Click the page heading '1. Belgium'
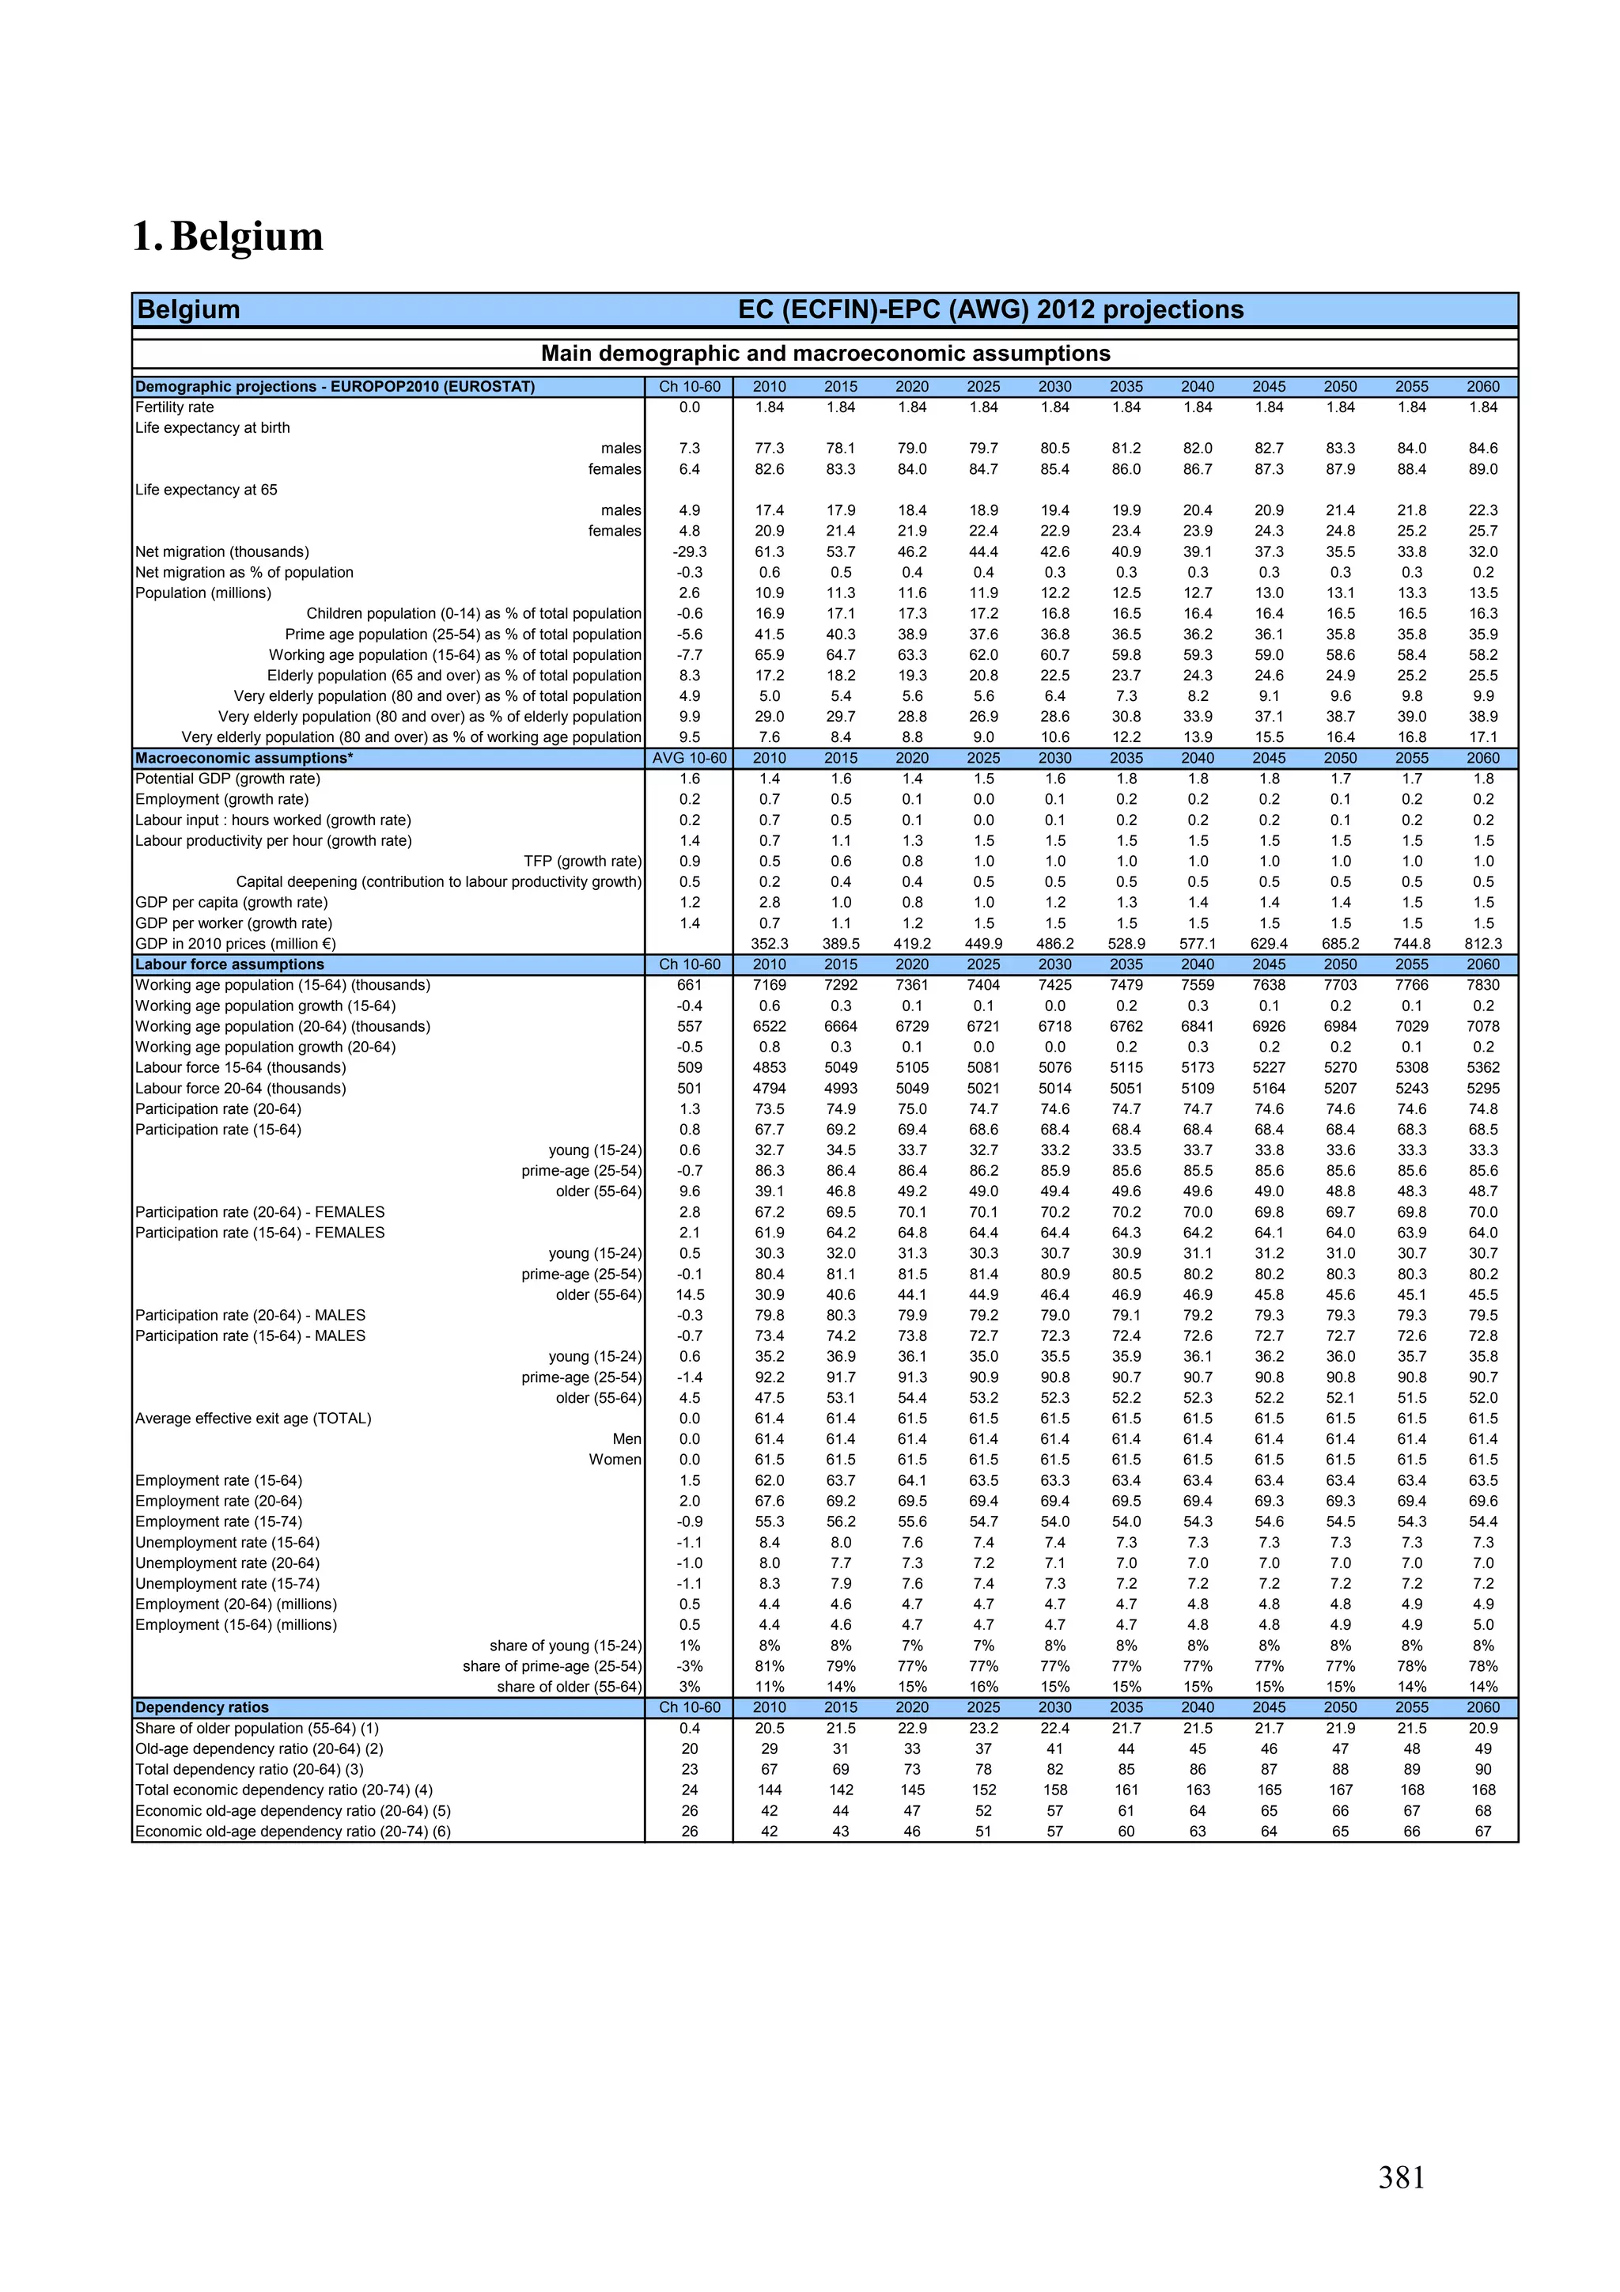228,237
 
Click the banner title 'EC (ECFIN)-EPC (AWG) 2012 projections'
990,309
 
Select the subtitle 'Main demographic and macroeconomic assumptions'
824,354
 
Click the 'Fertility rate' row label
175,407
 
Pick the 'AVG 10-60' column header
689,759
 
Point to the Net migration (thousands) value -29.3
689,552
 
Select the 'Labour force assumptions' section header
229,965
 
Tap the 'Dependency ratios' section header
202,1708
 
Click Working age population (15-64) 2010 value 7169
769,985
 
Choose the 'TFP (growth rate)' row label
582,862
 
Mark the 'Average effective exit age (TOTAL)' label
254,1419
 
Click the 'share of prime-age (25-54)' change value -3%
689,1666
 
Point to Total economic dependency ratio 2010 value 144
769,1790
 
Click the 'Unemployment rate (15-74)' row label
228,1584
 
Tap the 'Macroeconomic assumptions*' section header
244,759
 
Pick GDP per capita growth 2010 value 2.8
769,903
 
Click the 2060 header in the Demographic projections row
1482,386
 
